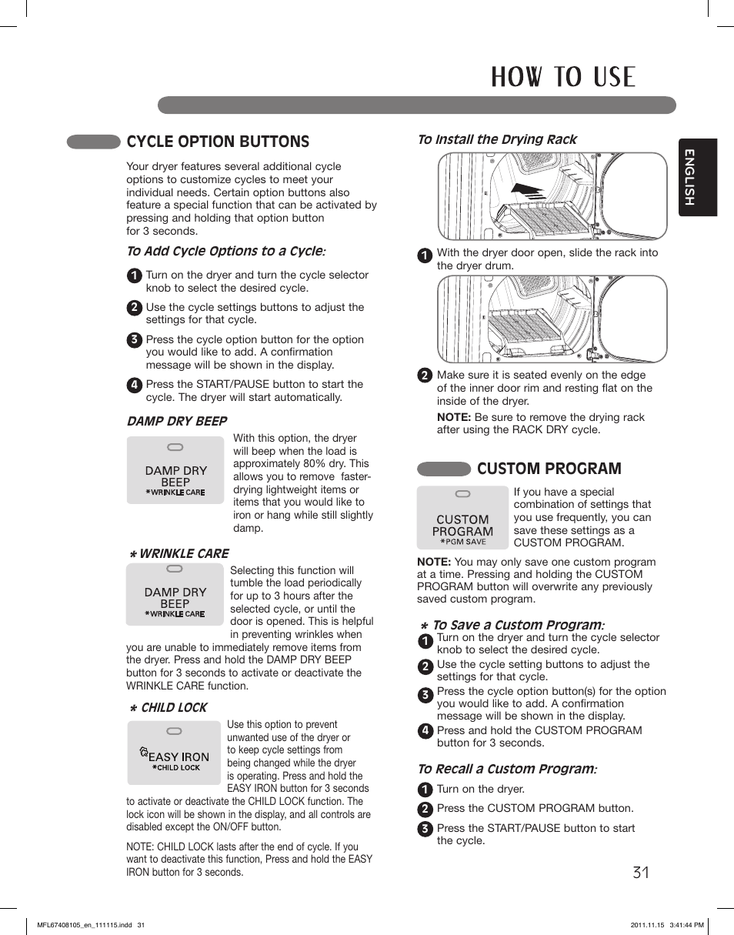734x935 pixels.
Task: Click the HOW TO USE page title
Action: (x=562, y=77)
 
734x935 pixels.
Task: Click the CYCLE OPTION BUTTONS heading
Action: (x=218, y=142)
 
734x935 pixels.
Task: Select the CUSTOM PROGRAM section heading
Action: (x=549, y=469)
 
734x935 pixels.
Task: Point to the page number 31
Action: (x=641, y=872)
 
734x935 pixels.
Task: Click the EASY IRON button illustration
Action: (x=175, y=753)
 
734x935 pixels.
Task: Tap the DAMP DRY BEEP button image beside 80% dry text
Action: (x=175, y=470)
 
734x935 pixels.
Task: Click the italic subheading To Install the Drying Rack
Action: (x=496, y=139)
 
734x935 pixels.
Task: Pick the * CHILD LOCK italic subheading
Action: (x=168, y=707)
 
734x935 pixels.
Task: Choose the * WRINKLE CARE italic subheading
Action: (x=178, y=553)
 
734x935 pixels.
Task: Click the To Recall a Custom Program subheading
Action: (x=506, y=769)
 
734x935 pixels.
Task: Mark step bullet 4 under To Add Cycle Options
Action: (x=134, y=386)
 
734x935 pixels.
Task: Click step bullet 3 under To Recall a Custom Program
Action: (x=424, y=829)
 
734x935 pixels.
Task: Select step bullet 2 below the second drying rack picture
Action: (x=424, y=376)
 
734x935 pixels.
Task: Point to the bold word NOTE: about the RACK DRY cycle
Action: (x=453, y=417)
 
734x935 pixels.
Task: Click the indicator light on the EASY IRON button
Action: (x=175, y=732)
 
